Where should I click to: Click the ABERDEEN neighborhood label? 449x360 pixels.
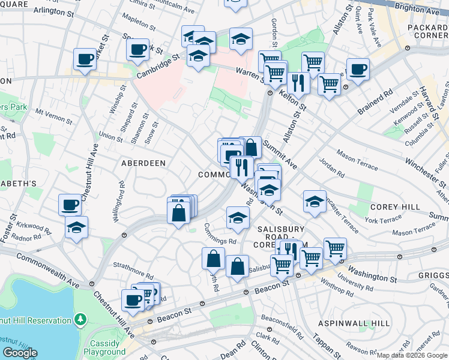(x=143, y=163)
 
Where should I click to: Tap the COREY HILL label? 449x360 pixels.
(x=395, y=206)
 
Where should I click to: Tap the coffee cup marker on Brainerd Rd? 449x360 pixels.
(x=358, y=70)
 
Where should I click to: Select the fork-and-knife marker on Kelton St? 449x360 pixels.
(x=298, y=82)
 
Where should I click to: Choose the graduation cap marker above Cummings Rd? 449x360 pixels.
(x=238, y=218)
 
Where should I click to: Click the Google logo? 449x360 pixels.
(x=20, y=353)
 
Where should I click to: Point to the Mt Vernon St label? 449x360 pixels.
(x=49, y=112)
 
